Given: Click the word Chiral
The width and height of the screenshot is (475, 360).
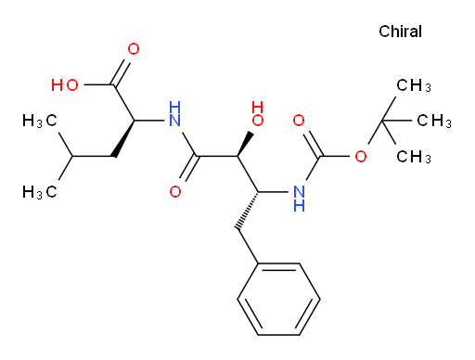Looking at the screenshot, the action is [x=400, y=32].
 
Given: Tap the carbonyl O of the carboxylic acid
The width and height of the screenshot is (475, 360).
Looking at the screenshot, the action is [x=134, y=49].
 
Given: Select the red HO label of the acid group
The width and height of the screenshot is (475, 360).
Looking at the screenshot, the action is [x=65, y=85].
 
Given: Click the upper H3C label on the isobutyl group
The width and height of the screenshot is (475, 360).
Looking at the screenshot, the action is [x=40, y=121].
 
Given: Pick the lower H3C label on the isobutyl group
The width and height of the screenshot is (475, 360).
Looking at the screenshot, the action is [x=40, y=192].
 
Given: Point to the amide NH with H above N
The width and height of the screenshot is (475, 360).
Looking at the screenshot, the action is [x=175, y=114].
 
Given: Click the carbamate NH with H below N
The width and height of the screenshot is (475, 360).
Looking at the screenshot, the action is [x=299, y=199].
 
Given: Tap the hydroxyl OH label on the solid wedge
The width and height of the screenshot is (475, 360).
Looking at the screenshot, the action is [x=258, y=114].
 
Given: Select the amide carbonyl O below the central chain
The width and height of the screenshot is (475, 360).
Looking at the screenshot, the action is [x=175, y=192].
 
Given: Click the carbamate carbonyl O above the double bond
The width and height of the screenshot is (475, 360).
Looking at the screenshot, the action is [x=299, y=121].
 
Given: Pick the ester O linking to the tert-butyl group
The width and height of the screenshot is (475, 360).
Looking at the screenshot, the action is [x=361, y=157].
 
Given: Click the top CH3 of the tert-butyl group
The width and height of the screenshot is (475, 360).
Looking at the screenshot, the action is [x=414, y=85].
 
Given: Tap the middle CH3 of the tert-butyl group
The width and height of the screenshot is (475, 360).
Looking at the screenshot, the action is [x=434, y=121].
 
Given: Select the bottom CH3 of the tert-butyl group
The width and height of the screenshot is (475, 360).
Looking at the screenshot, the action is [x=414, y=157].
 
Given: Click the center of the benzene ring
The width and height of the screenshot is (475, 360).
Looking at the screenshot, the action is [x=278, y=299].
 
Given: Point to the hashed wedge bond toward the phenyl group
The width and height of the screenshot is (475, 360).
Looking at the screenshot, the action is [x=248, y=211].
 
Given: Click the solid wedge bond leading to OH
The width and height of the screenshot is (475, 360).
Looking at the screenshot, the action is [x=246, y=145].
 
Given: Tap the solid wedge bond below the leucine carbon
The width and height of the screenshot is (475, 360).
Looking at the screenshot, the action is [x=124, y=138].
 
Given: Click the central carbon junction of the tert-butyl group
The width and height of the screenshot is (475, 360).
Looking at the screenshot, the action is [x=382, y=121].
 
